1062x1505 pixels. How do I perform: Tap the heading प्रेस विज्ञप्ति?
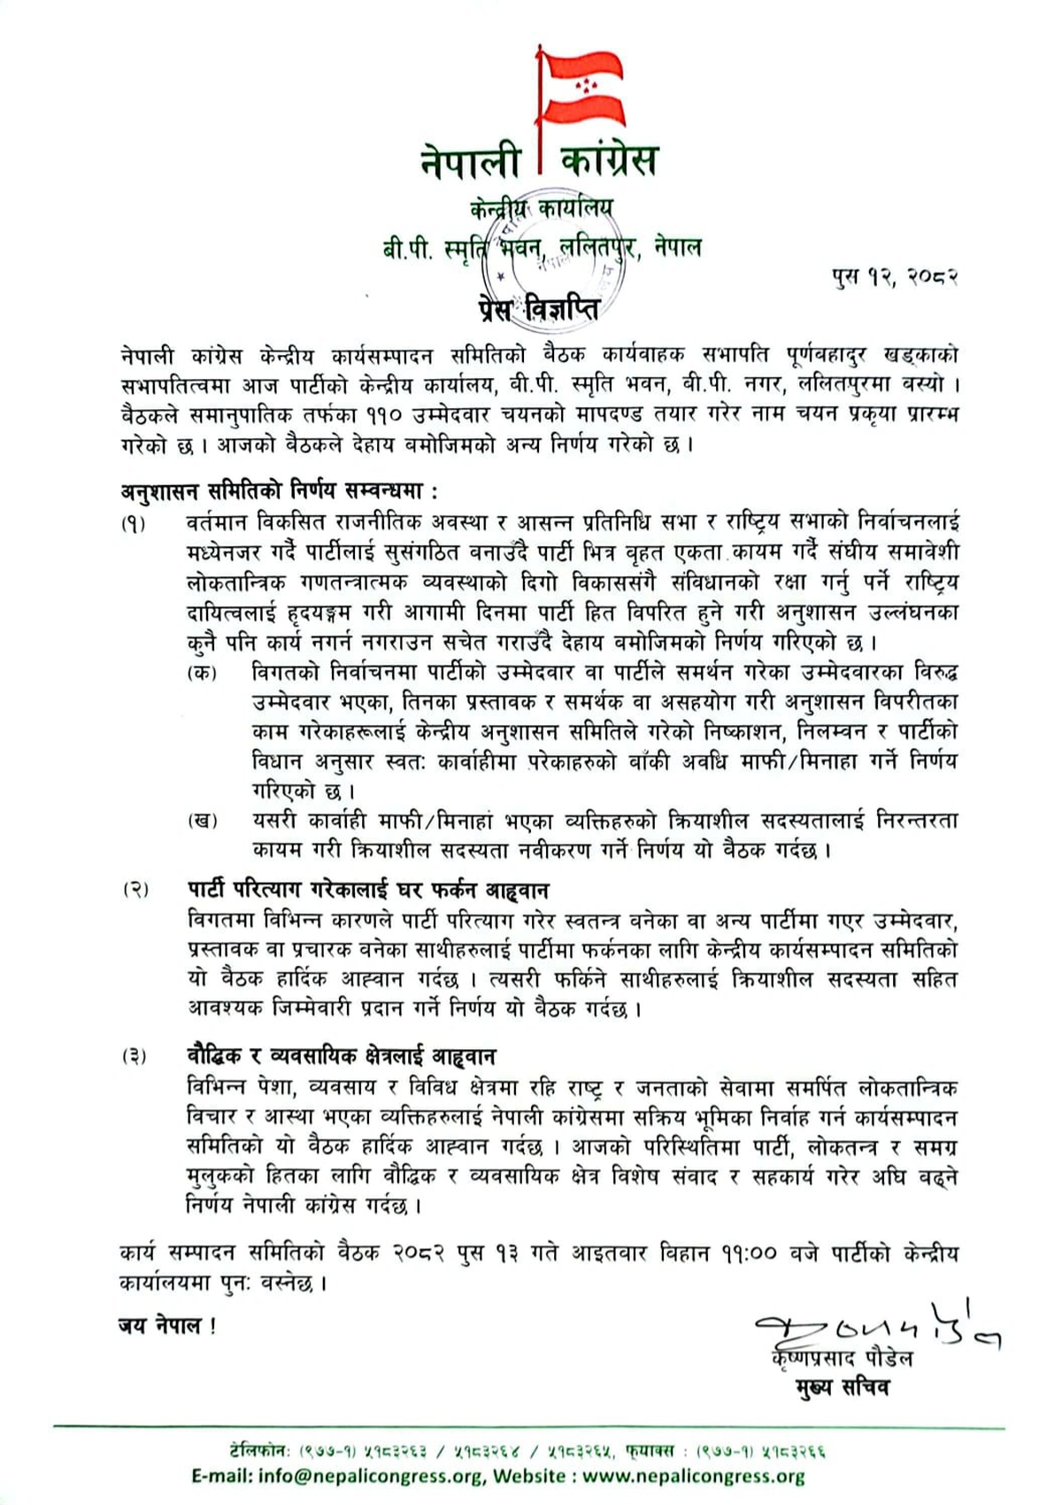pos(535,311)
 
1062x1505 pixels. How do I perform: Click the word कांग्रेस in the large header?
pos(610,161)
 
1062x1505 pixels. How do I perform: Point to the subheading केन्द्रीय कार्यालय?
pos(541,210)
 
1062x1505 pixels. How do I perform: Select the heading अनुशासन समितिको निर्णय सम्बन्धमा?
pos(279,490)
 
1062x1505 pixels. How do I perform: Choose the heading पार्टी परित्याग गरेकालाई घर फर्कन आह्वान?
pos(367,889)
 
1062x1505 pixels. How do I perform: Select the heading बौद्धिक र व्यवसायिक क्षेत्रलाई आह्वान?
pos(341,1055)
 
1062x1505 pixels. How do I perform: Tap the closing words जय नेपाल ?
pos(166,1325)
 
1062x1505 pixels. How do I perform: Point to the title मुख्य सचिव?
pos(842,1386)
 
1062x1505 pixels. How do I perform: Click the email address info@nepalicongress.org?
pos(371,1476)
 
